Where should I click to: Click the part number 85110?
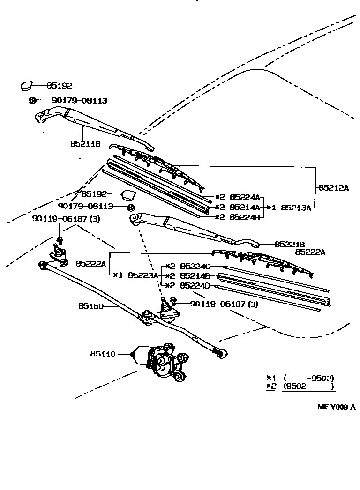pyautogui.click(x=103, y=354)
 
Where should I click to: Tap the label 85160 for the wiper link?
pyautogui.click(x=90, y=305)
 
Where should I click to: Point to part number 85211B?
pyautogui.click(x=85, y=144)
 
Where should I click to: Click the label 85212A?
pyautogui.click(x=334, y=188)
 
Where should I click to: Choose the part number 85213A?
pyautogui.click(x=296, y=208)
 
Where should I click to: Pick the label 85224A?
pyautogui.click(x=245, y=197)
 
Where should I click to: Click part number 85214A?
pyautogui.click(x=245, y=207)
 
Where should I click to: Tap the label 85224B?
pyautogui.click(x=245, y=217)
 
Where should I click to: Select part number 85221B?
pyautogui.click(x=290, y=244)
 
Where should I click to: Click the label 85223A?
pyautogui.click(x=143, y=275)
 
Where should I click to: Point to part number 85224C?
pyautogui.click(x=195, y=266)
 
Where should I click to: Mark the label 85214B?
pyautogui.click(x=195, y=276)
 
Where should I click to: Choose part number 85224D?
pyautogui.click(x=195, y=285)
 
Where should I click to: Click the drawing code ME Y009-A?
pyautogui.click(x=337, y=407)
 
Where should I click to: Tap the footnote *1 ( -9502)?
pyautogui.click(x=300, y=378)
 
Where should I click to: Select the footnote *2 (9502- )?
pyautogui.click(x=300, y=386)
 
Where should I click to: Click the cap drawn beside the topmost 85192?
pyautogui.click(x=26, y=86)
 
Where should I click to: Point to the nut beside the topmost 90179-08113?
pyautogui.click(x=32, y=100)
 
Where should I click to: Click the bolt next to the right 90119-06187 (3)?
pyautogui.click(x=173, y=300)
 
